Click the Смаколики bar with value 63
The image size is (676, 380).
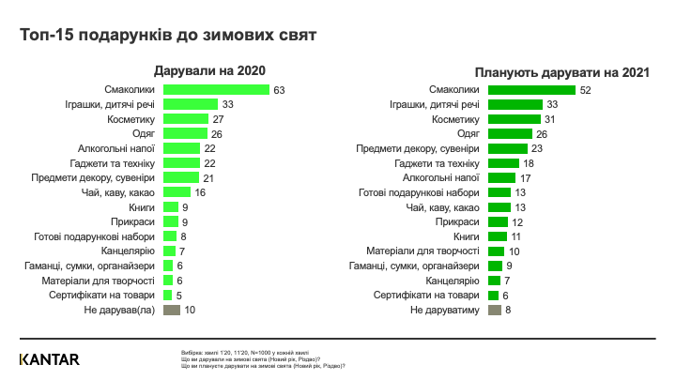pos(216,89)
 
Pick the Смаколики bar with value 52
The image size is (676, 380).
pos(532,89)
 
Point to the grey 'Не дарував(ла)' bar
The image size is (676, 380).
pos(172,309)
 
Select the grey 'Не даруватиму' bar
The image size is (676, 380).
pos(495,310)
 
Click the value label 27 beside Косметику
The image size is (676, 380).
pos(218,119)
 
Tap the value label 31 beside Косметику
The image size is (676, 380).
pos(551,119)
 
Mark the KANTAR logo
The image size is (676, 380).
pos(49,358)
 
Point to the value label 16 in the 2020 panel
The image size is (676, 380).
pos(200,192)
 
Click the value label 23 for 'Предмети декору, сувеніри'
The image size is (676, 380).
pos(538,148)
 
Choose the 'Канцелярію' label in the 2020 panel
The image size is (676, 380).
pos(131,251)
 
